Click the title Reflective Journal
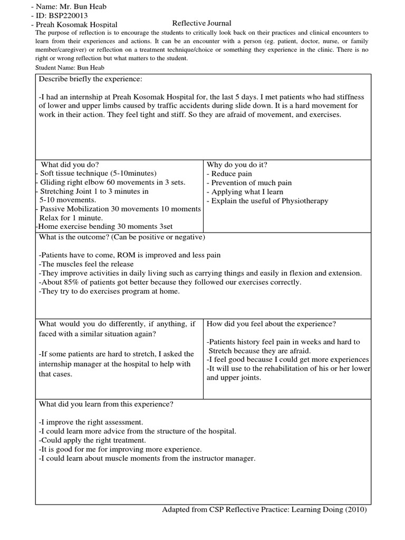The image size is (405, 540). [202, 23]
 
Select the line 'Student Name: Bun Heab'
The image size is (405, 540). [70, 68]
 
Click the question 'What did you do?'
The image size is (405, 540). [70, 164]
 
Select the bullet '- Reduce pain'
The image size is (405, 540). [229, 173]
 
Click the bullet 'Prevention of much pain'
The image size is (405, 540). [249, 182]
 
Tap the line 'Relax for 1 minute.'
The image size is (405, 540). [71, 218]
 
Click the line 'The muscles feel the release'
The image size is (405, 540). [86, 264]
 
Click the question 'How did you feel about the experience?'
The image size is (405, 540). [272, 323]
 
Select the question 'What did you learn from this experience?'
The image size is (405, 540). [106, 404]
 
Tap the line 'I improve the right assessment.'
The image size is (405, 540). [91, 422]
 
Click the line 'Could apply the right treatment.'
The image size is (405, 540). [92, 440]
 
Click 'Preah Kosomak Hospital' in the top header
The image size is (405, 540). [76, 24]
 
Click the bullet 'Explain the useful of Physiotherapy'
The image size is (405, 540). [267, 200]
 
